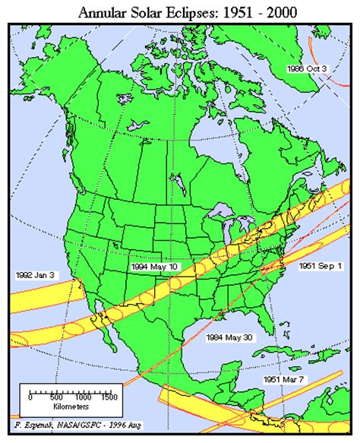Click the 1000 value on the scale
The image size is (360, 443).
pyautogui.click(x=81, y=397)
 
